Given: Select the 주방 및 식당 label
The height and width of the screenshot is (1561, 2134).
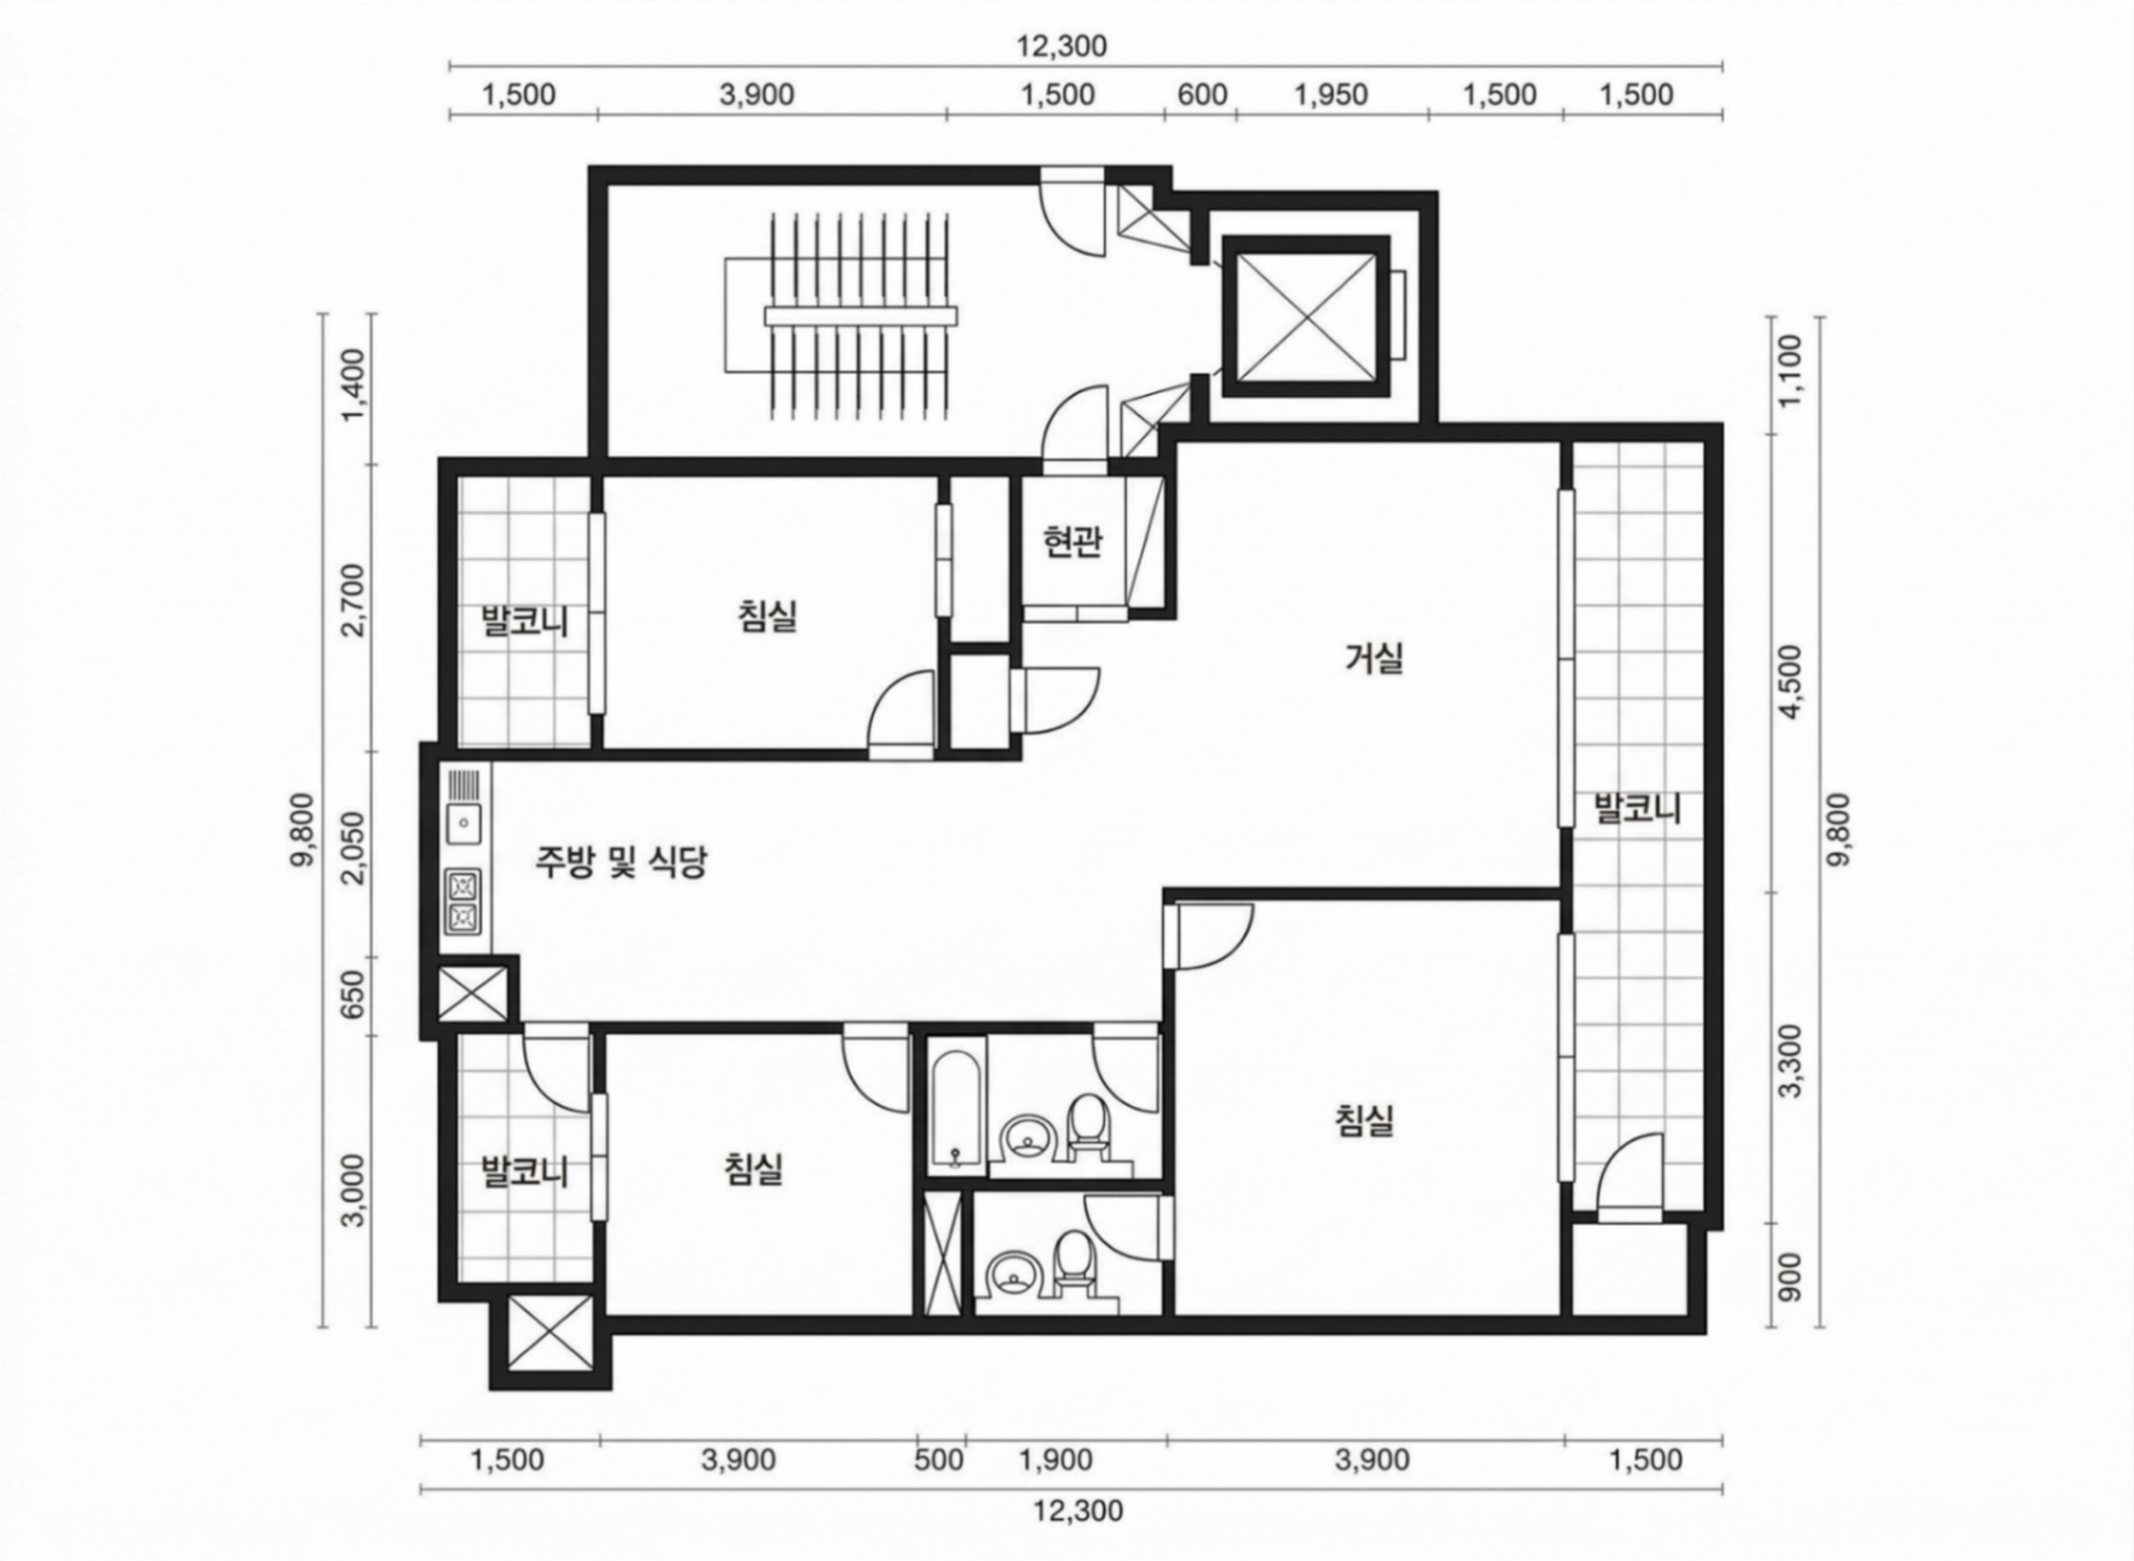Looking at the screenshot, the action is [621, 862].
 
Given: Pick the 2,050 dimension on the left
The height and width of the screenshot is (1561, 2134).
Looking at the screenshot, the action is [353, 848].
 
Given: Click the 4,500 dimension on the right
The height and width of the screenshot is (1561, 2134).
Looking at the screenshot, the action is [1790, 682].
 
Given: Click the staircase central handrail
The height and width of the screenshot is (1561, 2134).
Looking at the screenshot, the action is [861, 316].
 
